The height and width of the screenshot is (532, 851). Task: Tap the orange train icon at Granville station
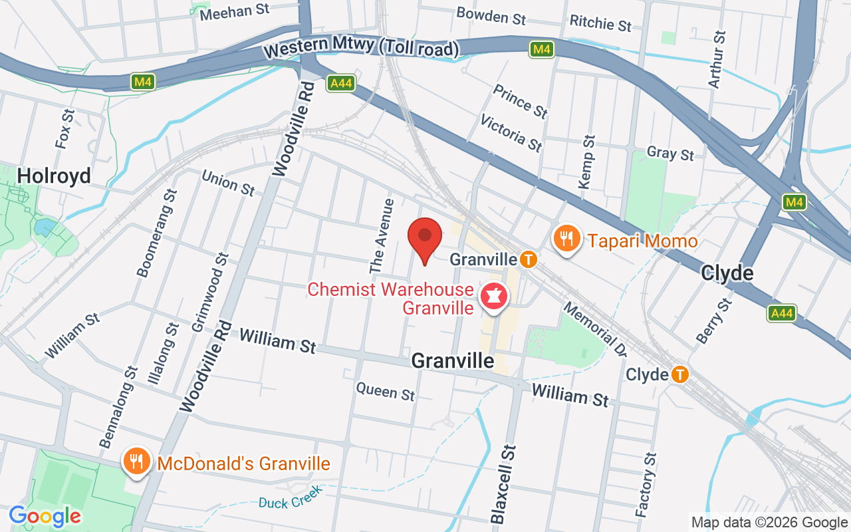point(529,259)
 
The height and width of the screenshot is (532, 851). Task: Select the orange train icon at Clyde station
point(679,374)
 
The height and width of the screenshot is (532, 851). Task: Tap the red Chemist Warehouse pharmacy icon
point(493,297)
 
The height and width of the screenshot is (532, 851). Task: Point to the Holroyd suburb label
point(54,176)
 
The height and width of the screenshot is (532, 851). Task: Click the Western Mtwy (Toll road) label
point(361,47)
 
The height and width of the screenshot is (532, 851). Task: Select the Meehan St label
point(235,11)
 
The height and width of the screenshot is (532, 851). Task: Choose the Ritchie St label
point(600,23)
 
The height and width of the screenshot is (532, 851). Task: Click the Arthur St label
point(716,59)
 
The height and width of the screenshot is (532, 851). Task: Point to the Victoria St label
point(511,132)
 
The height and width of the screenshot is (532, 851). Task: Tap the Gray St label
point(670,153)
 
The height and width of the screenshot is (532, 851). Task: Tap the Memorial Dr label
point(595,328)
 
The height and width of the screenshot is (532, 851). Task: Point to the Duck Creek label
point(291,497)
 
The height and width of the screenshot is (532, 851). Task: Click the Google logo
point(45,515)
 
